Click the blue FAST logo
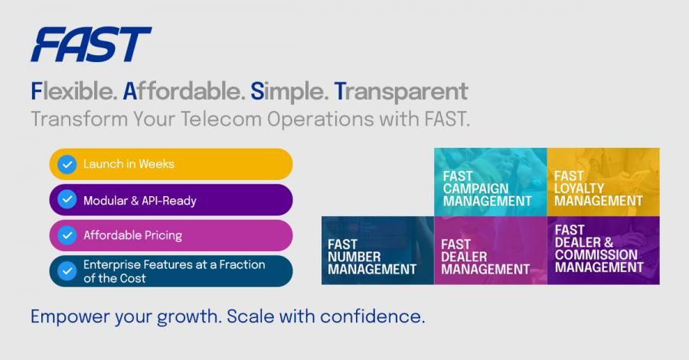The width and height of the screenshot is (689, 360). (91, 44)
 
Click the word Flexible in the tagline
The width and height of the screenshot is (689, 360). (73, 91)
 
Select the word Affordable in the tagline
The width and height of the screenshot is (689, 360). (184, 91)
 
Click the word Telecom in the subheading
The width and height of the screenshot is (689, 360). (221, 119)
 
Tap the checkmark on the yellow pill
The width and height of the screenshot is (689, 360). (67, 165)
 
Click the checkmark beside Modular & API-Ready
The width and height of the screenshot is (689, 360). (67, 200)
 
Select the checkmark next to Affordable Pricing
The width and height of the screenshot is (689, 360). (67, 235)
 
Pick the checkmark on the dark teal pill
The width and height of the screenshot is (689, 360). (67, 271)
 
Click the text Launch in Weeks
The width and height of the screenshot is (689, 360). (129, 164)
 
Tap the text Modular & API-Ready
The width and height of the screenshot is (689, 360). (140, 201)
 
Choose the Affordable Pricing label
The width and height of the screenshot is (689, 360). (132, 235)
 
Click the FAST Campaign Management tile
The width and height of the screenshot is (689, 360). (491, 182)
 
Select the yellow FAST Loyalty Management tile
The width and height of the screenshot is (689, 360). (603, 182)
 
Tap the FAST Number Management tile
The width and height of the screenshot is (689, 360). (378, 250)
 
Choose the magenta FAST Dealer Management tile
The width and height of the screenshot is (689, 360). (491, 250)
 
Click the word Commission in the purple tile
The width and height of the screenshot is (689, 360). (596, 255)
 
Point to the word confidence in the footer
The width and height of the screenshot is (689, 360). (372, 316)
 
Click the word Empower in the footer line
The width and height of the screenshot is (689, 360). (70, 317)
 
